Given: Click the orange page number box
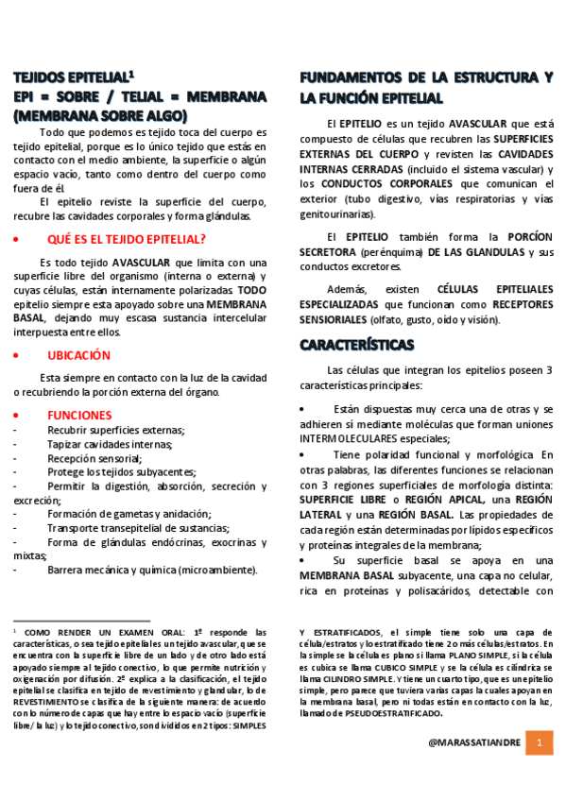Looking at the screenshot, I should pyautogui.click(x=539, y=742).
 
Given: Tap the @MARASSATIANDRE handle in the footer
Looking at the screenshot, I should pyautogui.click(x=472, y=743).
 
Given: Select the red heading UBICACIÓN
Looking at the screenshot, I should pyautogui.click(x=79, y=355).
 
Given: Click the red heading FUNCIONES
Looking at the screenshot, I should pyautogui.click(x=79, y=415).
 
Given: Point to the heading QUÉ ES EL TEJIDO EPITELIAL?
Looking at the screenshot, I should pyautogui.click(x=127, y=240).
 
